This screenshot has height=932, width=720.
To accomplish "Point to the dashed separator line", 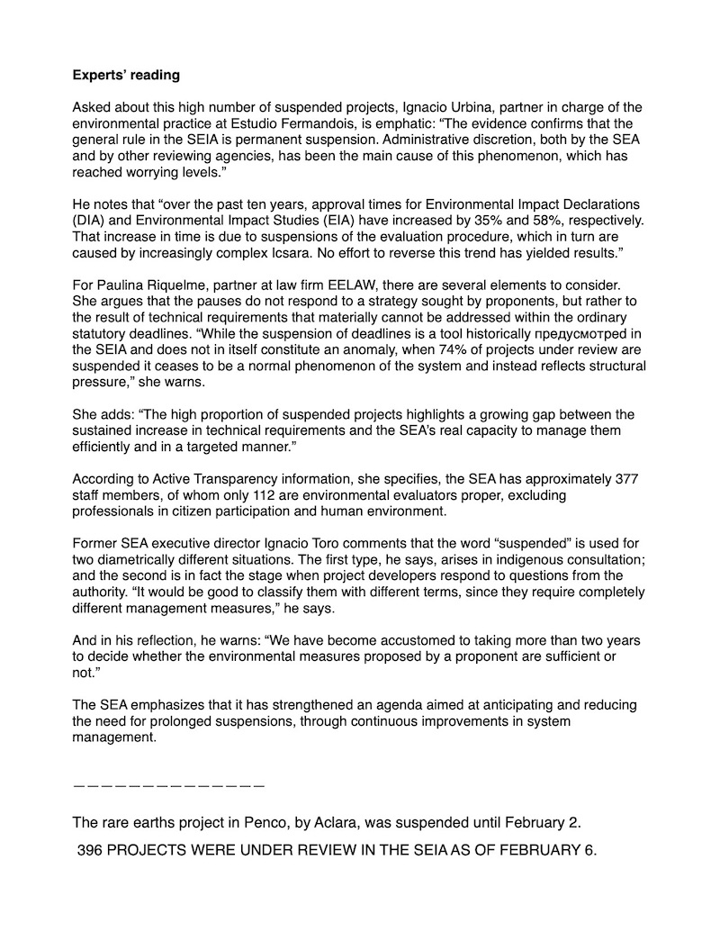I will click(x=169, y=785).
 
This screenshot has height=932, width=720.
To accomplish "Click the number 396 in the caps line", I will click(x=90, y=850).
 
